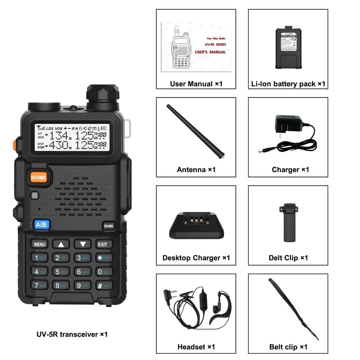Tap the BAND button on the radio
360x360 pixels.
click(108, 226)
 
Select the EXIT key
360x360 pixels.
click(103, 244)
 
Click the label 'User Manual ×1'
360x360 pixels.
click(196, 84)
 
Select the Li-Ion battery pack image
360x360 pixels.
click(288, 47)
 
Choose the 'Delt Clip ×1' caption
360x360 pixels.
click(288, 258)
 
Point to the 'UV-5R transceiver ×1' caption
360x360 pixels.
click(72, 334)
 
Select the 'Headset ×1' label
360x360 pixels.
click(196, 347)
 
